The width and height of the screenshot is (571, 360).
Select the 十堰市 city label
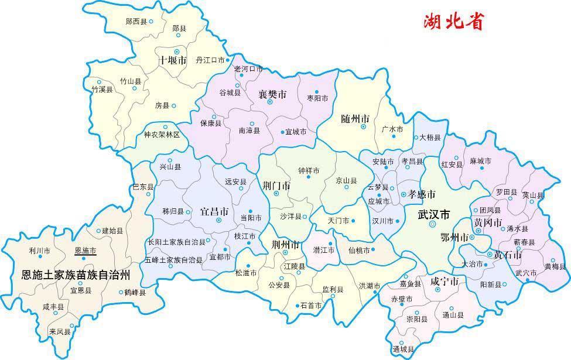[173, 60]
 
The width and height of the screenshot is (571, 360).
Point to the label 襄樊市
[272, 94]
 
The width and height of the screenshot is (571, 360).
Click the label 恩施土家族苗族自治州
[76, 273]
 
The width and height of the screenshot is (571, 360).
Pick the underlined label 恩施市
[86, 251]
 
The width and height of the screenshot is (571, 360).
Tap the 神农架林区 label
[162, 134]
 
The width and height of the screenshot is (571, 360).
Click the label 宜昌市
[214, 210]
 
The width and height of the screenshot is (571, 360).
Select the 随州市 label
[355, 118]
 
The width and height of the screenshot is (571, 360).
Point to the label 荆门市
[276, 186]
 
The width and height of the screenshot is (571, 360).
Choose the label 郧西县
[136, 21]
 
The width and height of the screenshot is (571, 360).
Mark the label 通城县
[404, 349]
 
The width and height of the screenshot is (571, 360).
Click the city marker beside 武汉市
[432, 224]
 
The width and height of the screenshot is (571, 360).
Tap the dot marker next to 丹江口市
[228, 60]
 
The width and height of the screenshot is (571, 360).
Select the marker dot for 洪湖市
[385, 286]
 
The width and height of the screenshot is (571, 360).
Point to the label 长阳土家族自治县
[176, 242]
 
